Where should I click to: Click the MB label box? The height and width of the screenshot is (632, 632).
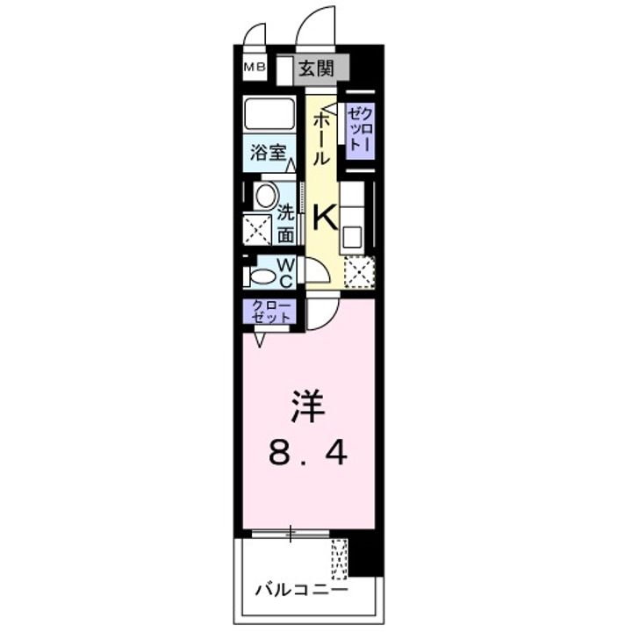(x=255, y=66)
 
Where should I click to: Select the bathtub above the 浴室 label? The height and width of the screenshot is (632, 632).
(x=273, y=115)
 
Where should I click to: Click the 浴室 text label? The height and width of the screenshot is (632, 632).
(x=268, y=152)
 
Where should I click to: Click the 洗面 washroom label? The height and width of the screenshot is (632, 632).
(x=286, y=224)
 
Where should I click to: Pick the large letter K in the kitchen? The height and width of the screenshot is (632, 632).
(x=324, y=214)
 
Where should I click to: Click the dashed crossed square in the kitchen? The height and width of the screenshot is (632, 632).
(x=358, y=271)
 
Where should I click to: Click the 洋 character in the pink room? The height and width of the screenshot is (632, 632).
(x=308, y=406)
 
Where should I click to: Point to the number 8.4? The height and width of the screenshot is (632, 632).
(x=308, y=453)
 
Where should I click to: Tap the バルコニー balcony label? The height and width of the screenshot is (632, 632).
(x=301, y=589)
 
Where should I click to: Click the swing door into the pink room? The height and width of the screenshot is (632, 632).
(x=320, y=312)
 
